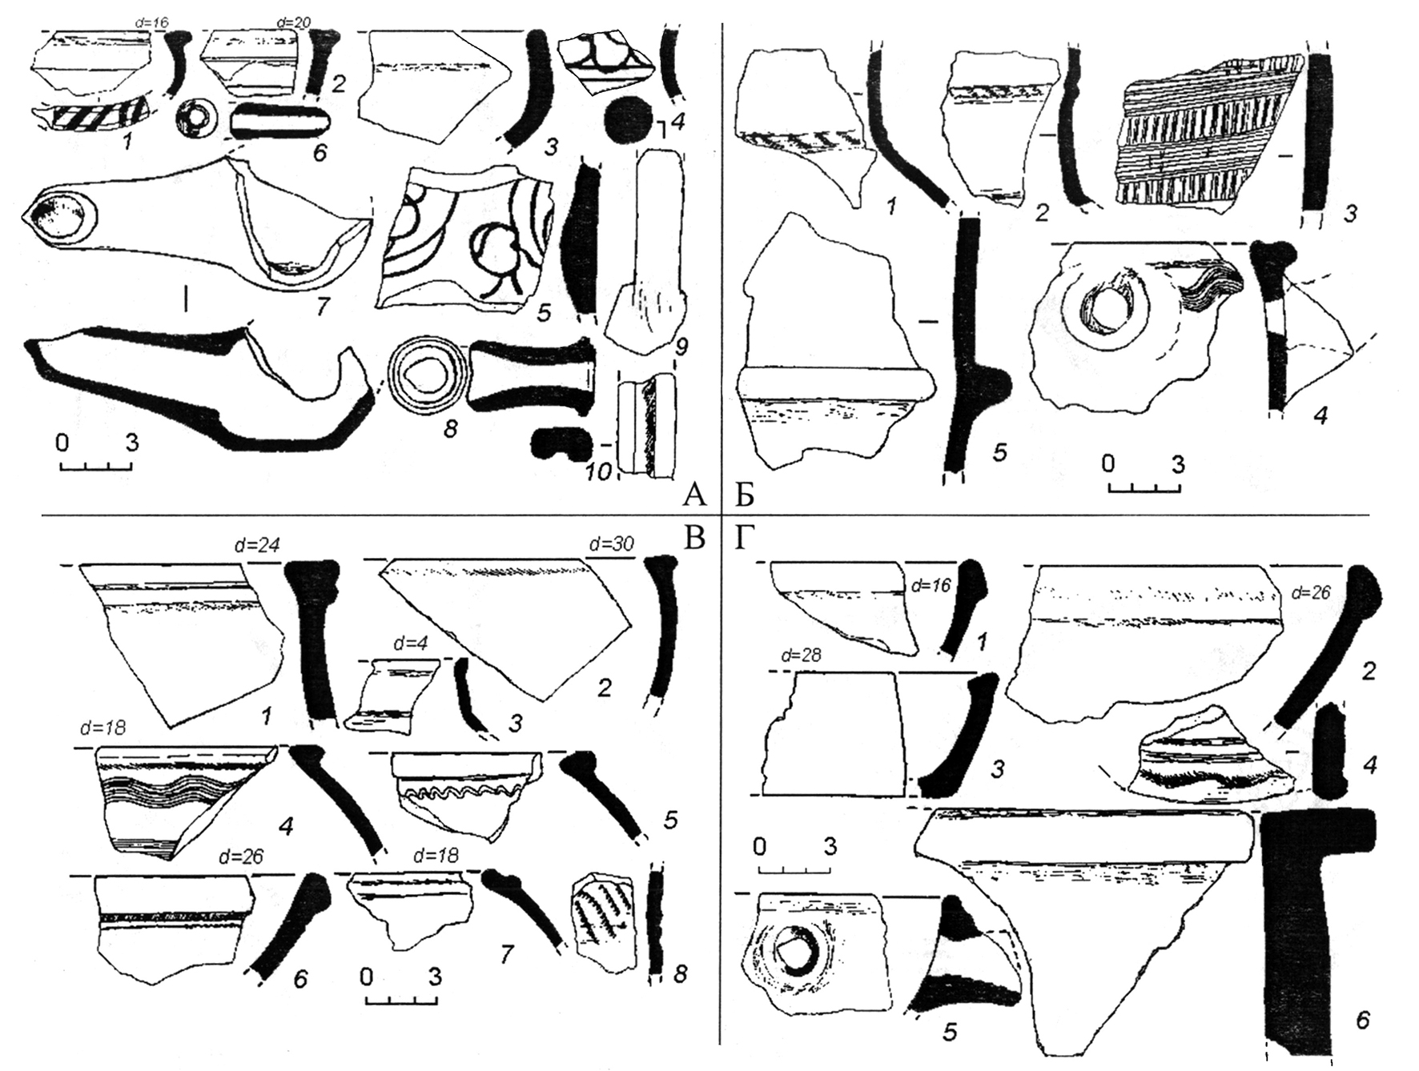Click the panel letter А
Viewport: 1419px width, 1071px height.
pos(693,497)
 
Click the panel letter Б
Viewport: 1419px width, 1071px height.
pos(745,497)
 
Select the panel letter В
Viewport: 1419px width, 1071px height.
pos(693,540)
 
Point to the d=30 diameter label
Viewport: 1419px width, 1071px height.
pos(611,544)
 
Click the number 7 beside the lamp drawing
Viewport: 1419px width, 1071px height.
pos(323,306)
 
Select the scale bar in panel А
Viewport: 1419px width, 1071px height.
pos(95,464)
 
